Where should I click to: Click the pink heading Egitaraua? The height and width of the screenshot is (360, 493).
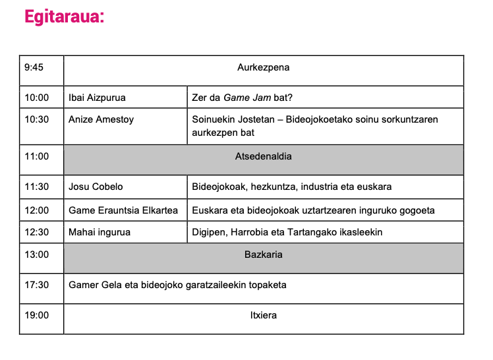[64, 16]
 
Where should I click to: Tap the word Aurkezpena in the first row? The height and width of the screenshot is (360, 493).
[263, 67]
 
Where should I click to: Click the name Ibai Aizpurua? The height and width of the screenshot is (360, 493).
[97, 98]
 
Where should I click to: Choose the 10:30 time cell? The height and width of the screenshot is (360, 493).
[37, 119]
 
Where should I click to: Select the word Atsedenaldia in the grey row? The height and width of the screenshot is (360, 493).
[263, 156]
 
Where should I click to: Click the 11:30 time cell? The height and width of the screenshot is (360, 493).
[37, 187]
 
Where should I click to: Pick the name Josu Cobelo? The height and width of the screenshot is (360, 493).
[96, 187]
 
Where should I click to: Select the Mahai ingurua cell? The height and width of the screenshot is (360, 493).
[100, 232]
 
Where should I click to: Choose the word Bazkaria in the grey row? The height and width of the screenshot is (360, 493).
[263, 254]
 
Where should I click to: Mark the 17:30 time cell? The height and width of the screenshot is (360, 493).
[37, 285]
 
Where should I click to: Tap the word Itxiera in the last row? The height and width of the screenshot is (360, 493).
[263, 315]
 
